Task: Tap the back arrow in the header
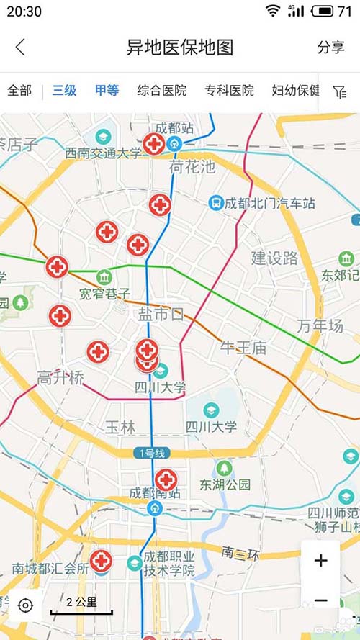[20, 48]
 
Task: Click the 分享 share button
[330, 48]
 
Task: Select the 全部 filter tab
[19, 91]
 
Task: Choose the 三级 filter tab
[64, 91]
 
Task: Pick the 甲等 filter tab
[107, 91]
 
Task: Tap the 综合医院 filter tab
[162, 91]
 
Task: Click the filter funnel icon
[340, 91]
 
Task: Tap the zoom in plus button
[321, 561]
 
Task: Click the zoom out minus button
[321, 600]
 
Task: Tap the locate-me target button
[25, 605]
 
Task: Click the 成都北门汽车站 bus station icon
[216, 203]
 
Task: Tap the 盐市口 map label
[161, 314]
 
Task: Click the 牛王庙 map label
[243, 348]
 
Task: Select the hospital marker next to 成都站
[153, 144]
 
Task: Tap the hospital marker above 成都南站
[166, 479]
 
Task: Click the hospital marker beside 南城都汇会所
[101, 560]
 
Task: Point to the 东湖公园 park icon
[225, 468]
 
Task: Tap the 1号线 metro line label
[150, 453]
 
